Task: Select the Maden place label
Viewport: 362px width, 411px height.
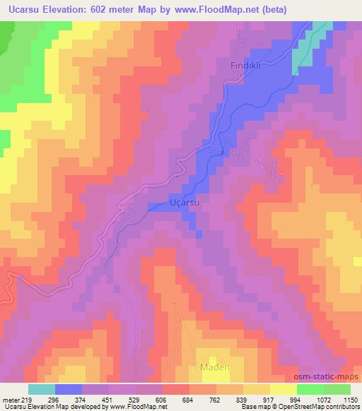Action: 211,367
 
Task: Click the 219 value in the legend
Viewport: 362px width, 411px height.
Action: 28,399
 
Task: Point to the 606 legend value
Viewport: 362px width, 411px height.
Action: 163,399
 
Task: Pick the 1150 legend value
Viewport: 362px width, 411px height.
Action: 350,399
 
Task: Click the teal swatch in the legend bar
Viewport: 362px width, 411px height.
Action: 42,389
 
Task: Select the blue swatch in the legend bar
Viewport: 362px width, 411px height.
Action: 69,389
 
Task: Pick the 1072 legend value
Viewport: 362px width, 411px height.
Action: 323,399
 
